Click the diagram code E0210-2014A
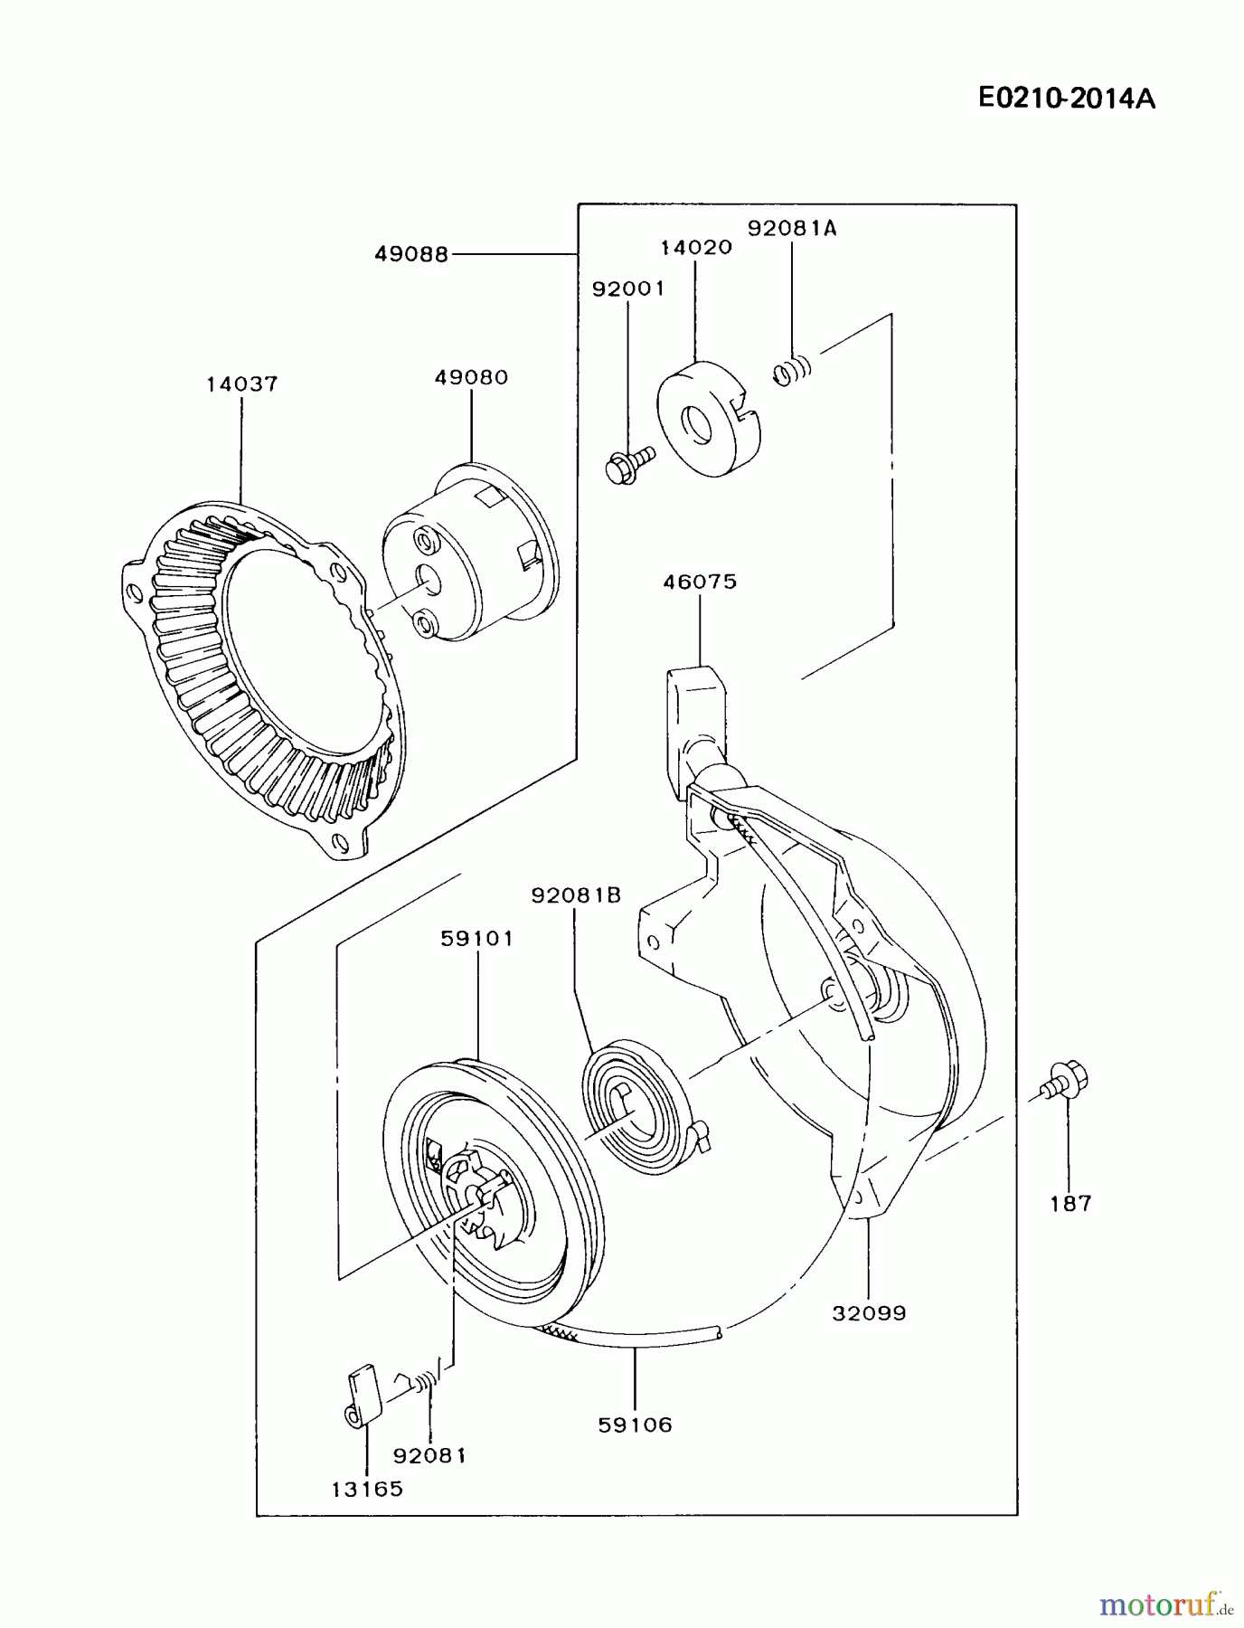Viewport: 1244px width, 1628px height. pyautogui.click(x=1067, y=98)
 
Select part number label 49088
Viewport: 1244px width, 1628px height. pyautogui.click(x=411, y=255)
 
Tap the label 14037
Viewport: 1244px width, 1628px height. pyautogui.click(x=241, y=383)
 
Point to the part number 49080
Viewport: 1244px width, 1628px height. pyautogui.click(x=471, y=377)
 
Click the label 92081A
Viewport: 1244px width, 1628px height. pyautogui.click(x=792, y=229)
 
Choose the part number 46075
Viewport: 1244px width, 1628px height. pyautogui.click(x=700, y=582)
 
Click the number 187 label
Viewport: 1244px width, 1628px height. pyautogui.click(x=1071, y=1204)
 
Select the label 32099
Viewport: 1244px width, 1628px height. pyautogui.click(x=869, y=1312)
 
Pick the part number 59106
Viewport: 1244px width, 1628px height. pyautogui.click(x=636, y=1424)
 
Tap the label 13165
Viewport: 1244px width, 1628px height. pyautogui.click(x=367, y=1489)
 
